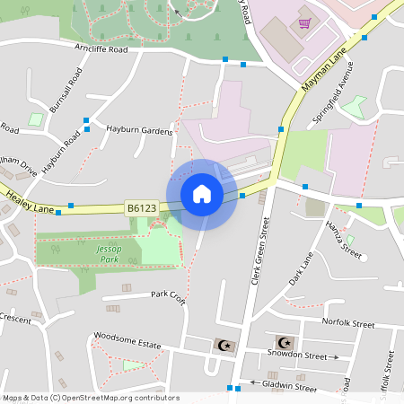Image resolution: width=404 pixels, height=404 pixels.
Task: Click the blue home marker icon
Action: (202, 193)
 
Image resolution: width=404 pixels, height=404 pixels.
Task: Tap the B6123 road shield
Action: (142, 208)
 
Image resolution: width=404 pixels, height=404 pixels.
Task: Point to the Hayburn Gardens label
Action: (139, 131)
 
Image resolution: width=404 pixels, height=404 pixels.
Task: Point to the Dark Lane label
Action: (300, 270)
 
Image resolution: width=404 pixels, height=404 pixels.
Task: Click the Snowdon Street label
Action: (297, 355)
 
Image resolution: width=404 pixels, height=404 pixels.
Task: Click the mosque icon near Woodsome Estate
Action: (225, 345)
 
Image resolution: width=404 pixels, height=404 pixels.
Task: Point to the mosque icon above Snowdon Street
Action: (285, 341)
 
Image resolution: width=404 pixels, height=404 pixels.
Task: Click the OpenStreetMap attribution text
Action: (90, 398)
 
